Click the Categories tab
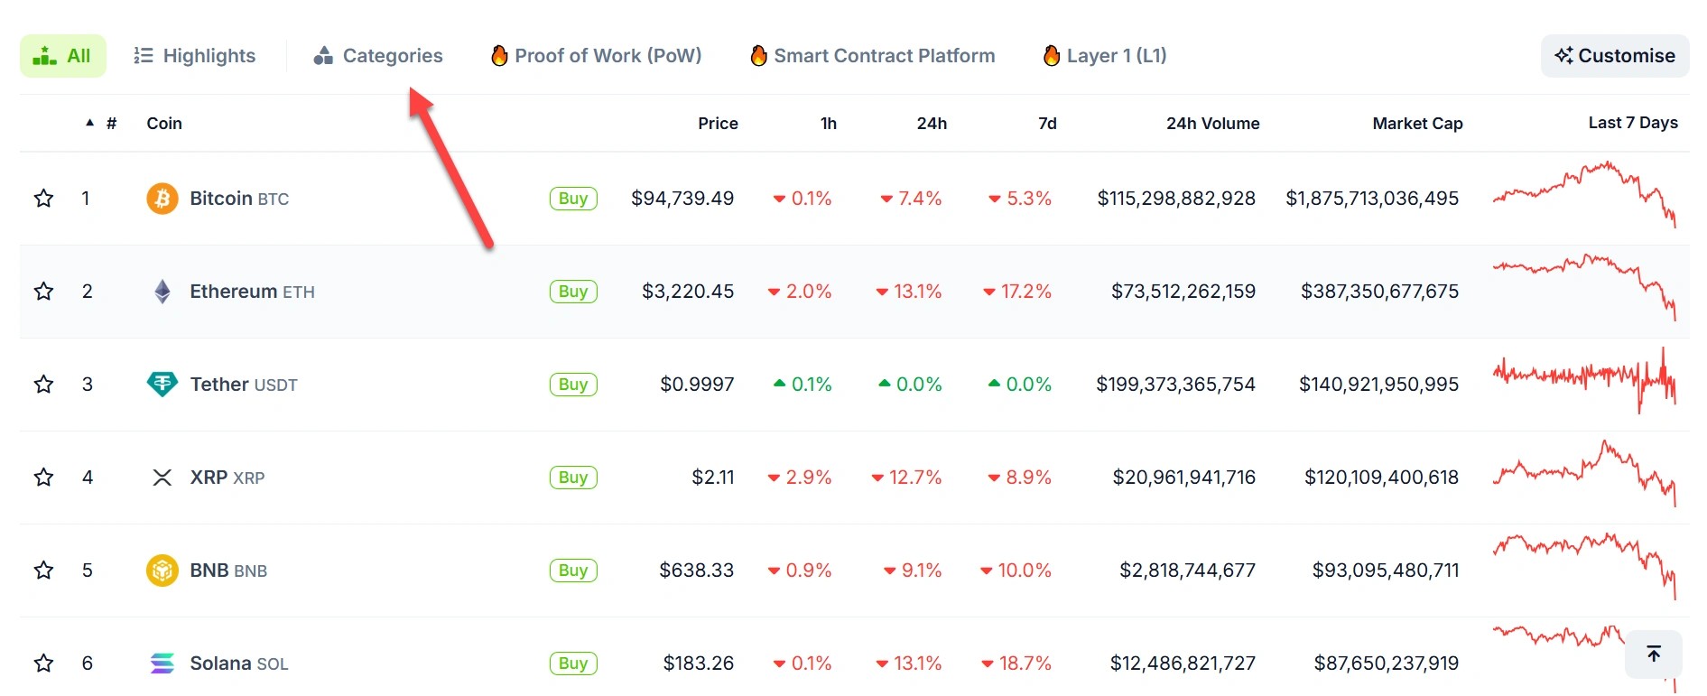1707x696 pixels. pos(378,56)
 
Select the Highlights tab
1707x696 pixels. pos(195,56)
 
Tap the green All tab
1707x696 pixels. pos(62,56)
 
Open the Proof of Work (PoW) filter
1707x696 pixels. pos(596,56)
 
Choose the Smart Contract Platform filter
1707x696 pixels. pos(872,56)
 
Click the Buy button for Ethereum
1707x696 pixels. pos(573,292)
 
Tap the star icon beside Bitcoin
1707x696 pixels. pos(43,199)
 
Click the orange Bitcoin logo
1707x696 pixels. pos(162,199)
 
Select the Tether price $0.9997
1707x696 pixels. pos(697,385)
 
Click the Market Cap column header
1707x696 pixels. pos(1417,124)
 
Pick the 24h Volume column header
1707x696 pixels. pos(1212,124)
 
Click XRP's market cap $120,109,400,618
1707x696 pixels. pos(1381,478)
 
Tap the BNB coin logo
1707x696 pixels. pos(162,571)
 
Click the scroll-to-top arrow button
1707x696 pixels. pos(1653,654)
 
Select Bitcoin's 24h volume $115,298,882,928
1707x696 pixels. pos(1176,199)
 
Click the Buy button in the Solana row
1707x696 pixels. pos(573,664)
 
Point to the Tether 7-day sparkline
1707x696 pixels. pos(1584,379)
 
